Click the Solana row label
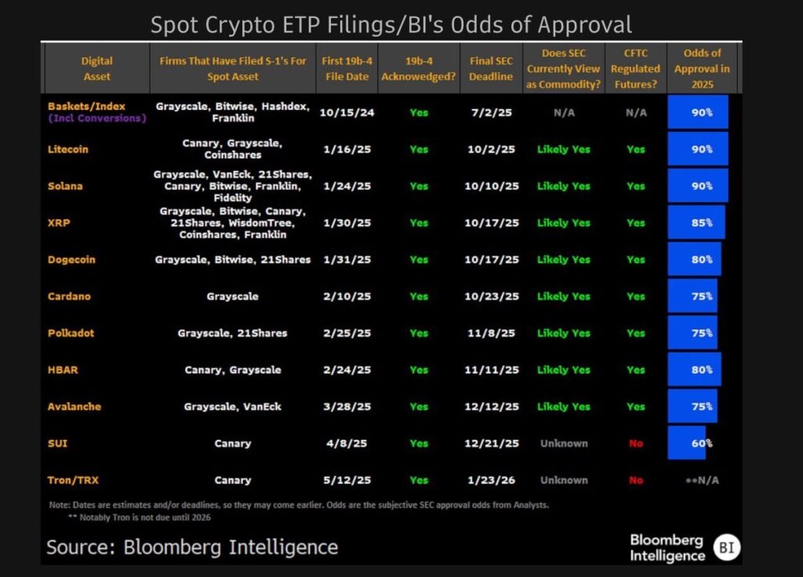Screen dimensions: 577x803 pos(64,186)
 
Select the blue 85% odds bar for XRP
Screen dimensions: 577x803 pos(696,223)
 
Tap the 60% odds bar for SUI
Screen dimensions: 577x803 pos(687,443)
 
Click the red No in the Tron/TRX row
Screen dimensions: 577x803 pos(635,480)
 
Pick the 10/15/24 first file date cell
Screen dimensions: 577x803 pos(347,112)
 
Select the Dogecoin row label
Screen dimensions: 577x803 pos(71,259)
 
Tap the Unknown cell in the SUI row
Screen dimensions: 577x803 pos(563,443)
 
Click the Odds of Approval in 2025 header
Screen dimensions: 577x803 pos(702,68)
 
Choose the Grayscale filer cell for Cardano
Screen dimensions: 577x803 pos(232,296)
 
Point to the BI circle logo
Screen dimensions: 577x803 pos(727,547)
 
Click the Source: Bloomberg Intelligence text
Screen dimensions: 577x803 pos(192,546)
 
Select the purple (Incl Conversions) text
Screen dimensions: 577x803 pos(96,118)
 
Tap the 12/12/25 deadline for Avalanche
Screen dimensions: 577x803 pos(491,406)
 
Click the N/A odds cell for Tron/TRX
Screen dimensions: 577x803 pos(702,480)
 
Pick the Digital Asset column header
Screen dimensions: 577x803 pos(96,68)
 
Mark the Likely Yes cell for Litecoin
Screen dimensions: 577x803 pos(563,149)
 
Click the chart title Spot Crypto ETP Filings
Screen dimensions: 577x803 pos(391,24)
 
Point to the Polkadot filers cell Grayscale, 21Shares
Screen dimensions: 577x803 pos(232,333)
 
